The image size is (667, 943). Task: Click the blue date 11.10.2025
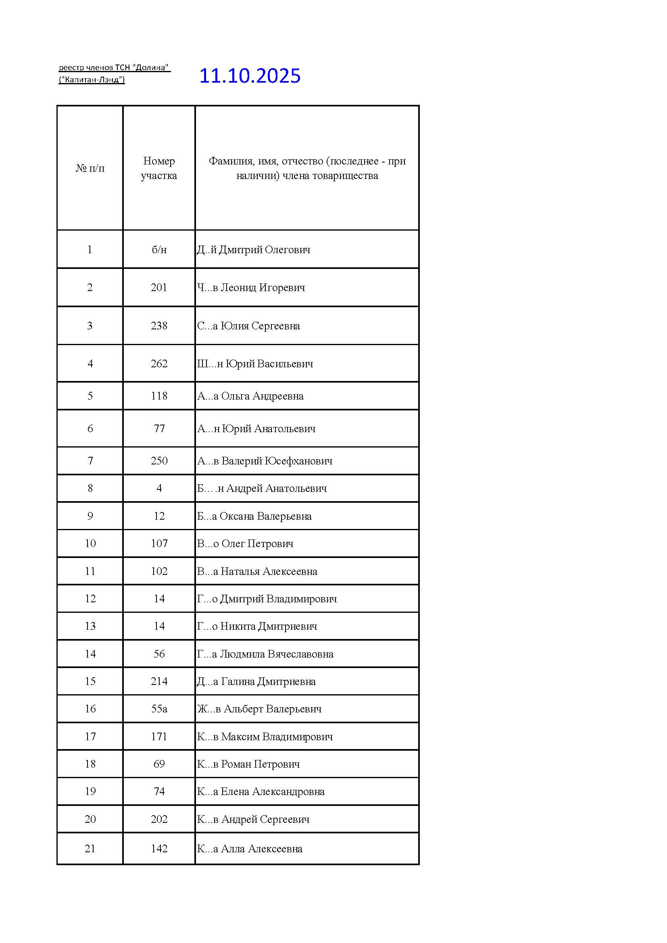click(250, 76)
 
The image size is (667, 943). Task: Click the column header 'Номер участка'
click(158, 168)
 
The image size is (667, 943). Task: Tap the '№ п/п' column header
click(90, 168)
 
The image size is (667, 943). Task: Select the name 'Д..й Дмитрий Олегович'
click(253, 249)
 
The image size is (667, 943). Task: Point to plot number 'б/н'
click(159, 249)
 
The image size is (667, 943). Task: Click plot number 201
click(159, 287)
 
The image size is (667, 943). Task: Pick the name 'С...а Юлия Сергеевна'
click(248, 326)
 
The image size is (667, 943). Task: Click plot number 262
click(159, 364)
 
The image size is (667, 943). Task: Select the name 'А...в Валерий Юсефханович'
click(265, 461)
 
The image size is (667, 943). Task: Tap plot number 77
click(159, 429)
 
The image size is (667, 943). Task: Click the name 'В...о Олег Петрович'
click(245, 543)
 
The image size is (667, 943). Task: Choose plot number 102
click(159, 571)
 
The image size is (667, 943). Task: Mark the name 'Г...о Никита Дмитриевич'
click(257, 626)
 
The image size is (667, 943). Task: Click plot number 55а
click(159, 708)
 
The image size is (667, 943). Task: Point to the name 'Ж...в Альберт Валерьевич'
click(259, 708)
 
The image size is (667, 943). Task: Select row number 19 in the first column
click(90, 791)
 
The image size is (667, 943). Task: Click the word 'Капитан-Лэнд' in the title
click(92, 79)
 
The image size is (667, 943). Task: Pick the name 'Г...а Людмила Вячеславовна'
click(265, 654)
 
